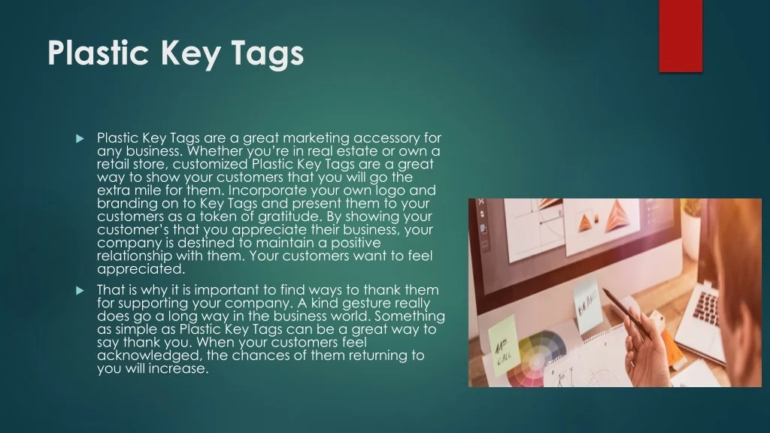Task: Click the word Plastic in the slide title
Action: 99,53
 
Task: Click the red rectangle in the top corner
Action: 681,36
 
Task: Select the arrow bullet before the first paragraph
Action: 80,139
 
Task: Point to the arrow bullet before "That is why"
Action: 80,291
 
